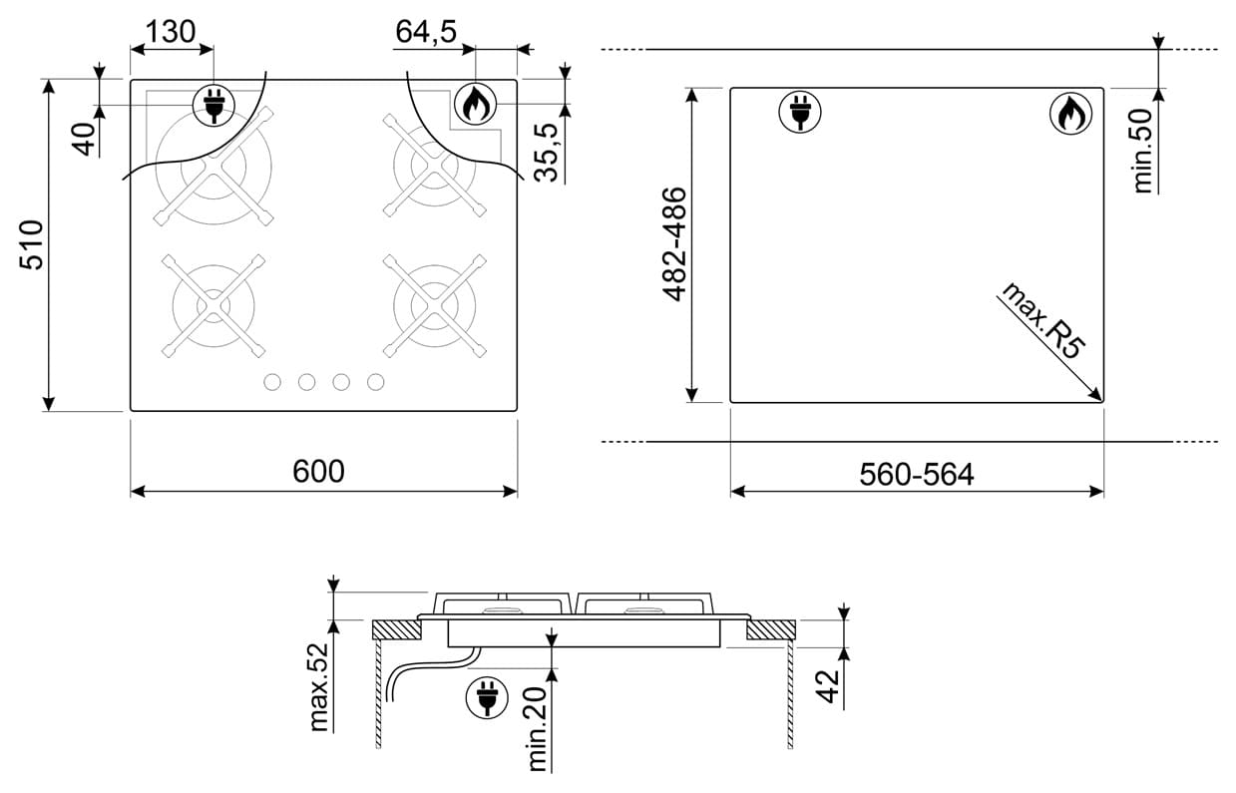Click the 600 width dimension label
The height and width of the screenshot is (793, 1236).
318,471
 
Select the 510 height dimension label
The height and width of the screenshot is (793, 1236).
32,244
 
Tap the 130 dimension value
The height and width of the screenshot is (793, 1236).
170,32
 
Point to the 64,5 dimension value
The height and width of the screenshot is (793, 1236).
426,32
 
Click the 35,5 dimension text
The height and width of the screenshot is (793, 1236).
547,153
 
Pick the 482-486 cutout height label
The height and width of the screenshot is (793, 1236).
674,244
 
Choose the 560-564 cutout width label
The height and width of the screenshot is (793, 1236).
917,474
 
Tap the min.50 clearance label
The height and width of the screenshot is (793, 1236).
1143,151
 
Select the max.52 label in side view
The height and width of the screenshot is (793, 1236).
319,687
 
